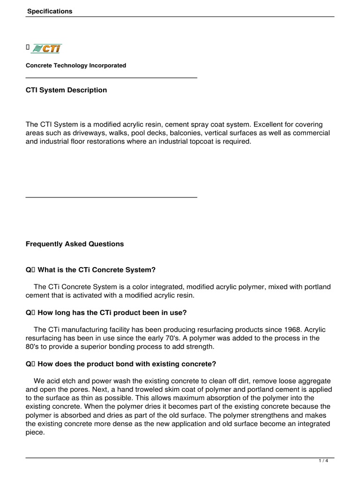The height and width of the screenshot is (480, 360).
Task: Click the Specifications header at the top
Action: click(x=49, y=11)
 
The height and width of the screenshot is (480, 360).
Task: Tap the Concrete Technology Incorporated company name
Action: click(x=76, y=66)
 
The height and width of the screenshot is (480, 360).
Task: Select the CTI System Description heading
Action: click(x=66, y=90)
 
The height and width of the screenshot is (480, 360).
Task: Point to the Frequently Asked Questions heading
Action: click(x=75, y=244)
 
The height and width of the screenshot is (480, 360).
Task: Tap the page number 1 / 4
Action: click(x=323, y=461)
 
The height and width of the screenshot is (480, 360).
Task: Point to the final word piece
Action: click(x=35, y=432)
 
